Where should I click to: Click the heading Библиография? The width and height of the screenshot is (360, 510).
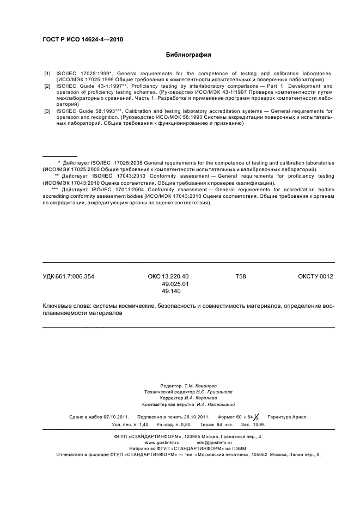pyautogui.click(x=188, y=55)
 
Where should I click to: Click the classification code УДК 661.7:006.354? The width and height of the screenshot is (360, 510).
pyautogui.click(x=69, y=277)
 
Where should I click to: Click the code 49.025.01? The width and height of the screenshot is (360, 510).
pyautogui.click(x=175, y=284)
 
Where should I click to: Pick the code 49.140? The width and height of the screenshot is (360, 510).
pyautogui.click(x=172, y=292)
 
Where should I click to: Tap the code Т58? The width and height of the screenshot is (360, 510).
pyautogui.click(x=240, y=277)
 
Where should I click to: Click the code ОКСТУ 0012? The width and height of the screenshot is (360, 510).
pyautogui.click(x=315, y=277)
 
